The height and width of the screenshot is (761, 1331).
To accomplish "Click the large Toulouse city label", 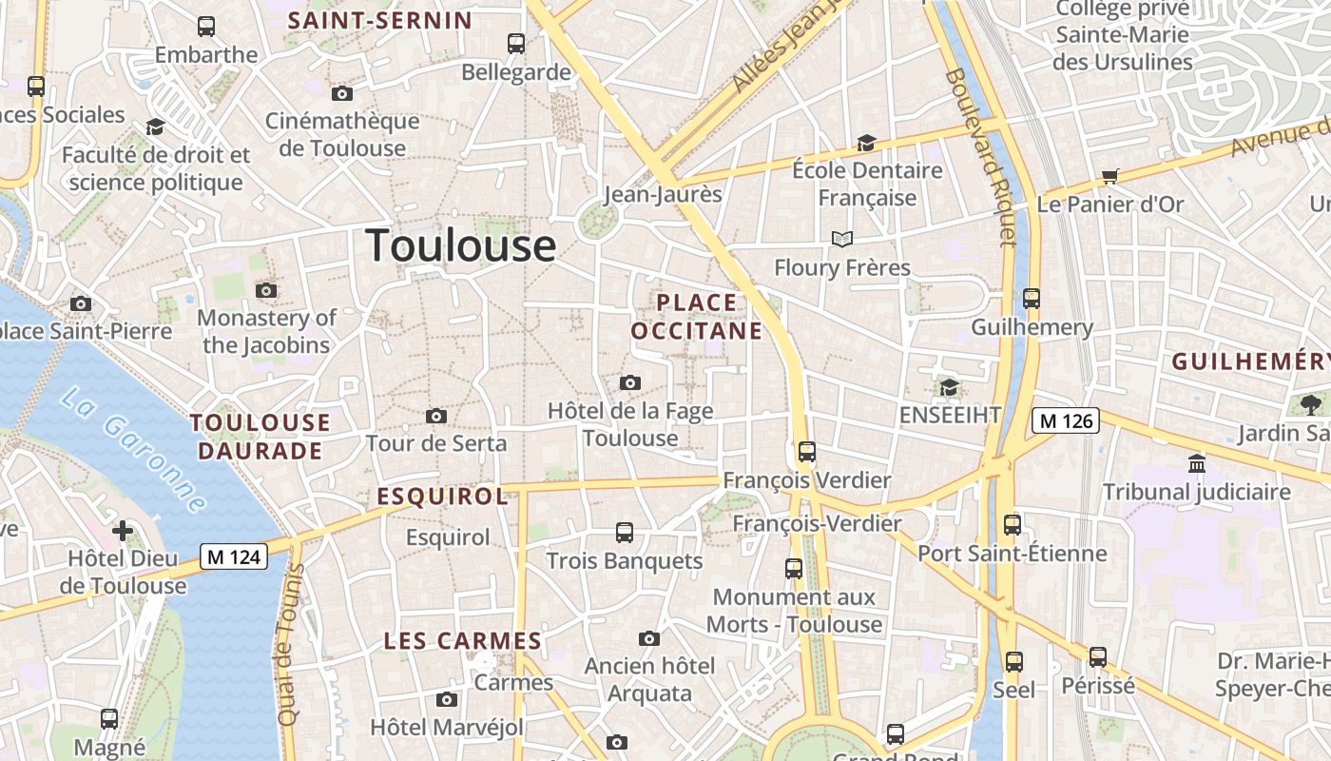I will coord(461,245).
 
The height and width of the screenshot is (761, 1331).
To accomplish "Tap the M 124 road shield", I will coord(233,556).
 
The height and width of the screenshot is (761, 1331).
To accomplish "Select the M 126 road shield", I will coord(1066,420).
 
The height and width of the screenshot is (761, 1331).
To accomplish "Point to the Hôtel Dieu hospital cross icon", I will coord(123,530).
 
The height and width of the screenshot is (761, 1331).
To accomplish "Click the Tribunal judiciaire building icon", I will coord(1196,463).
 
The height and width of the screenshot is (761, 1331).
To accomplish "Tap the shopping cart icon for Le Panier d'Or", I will coord(1109,176).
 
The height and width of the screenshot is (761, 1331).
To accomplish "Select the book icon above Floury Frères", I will coord(841,239).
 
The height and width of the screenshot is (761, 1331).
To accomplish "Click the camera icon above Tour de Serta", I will coord(436,416).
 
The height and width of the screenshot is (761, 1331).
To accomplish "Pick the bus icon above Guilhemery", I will coord(1032,299).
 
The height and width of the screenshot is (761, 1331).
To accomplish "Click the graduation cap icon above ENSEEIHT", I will coord(949,387).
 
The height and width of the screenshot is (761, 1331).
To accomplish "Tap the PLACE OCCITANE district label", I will coord(697,317).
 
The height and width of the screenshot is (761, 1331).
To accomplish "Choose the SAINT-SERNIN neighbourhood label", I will coord(380,20).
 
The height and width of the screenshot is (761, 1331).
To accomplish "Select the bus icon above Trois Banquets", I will coord(625,533).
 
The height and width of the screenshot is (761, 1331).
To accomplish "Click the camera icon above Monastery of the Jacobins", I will coord(266,290).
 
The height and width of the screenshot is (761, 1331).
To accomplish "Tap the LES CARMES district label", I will coord(462,641).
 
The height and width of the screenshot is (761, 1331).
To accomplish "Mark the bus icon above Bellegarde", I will coord(516,43).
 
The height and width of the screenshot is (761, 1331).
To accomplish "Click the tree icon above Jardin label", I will coord(1311,404).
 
